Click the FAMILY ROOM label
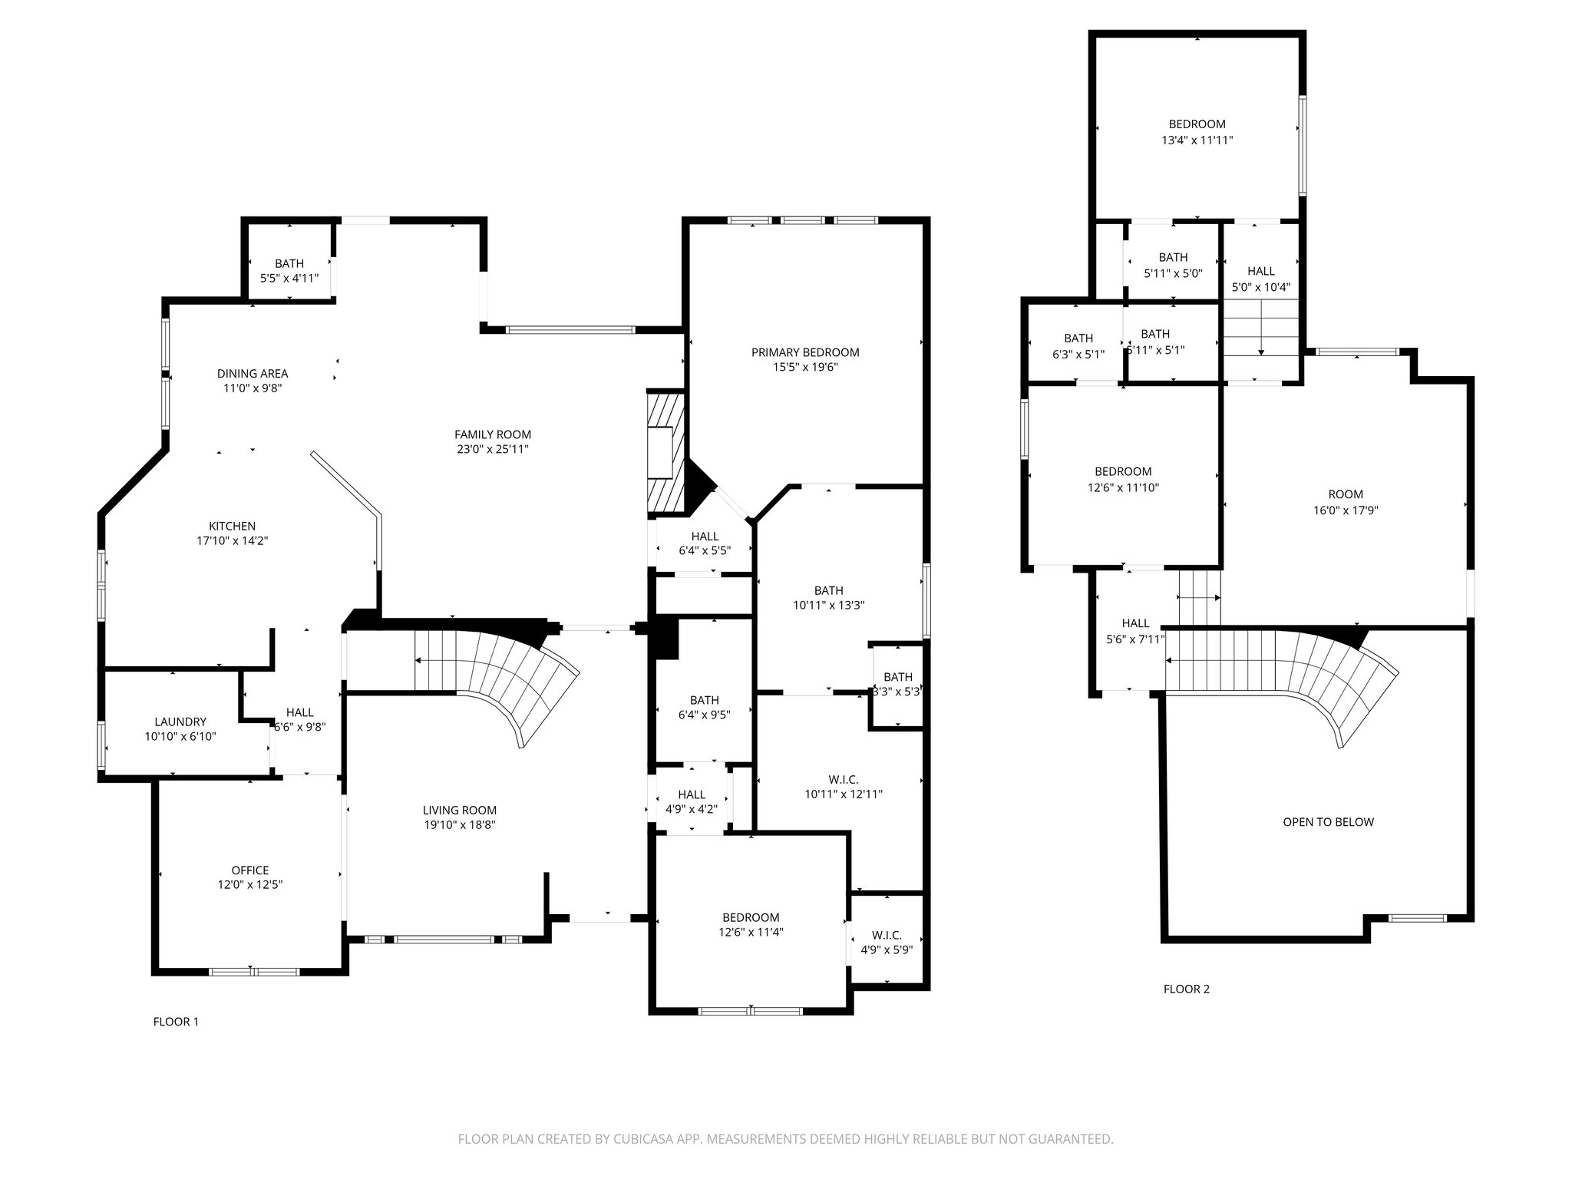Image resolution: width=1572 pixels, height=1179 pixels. click(x=492, y=434)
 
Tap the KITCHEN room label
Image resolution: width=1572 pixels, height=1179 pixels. click(x=232, y=526)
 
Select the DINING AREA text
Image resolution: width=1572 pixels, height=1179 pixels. click(x=253, y=374)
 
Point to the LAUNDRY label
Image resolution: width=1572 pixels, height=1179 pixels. click(x=180, y=722)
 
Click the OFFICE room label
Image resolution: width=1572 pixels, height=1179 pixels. click(x=250, y=870)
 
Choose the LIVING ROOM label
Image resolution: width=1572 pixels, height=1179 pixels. click(x=460, y=810)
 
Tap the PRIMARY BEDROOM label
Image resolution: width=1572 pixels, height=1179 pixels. click(x=805, y=352)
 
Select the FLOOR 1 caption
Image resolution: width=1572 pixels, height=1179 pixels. click(x=176, y=1022)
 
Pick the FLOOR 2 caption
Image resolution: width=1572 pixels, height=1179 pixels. click(x=1187, y=989)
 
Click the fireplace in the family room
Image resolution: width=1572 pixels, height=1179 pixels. click(x=665, y=453)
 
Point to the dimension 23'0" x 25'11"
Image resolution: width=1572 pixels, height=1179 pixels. click(x=492, y=449)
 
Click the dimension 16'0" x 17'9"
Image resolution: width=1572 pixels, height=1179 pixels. click(x=1346, y=509)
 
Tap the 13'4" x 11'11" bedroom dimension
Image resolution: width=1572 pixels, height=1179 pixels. click(x=1197, y=140)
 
